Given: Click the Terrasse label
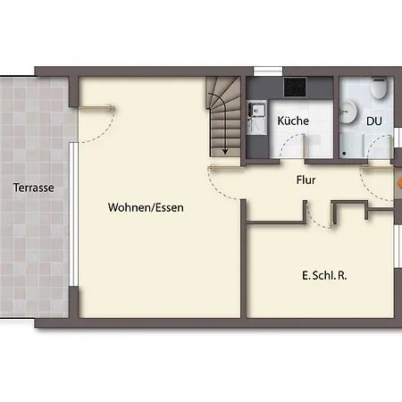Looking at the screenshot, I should click(x=34, y=188).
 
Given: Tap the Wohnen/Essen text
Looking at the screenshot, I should click(x=146, y=207).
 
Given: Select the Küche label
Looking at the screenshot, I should click(x=293, y=120).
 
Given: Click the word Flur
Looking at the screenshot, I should click(x=306, y=180).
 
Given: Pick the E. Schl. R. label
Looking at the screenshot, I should click(x=324, y=275).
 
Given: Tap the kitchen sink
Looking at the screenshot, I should click(x=257, y=112).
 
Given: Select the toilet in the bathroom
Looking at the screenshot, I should click(x=379, y=90).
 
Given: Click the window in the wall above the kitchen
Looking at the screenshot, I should click(x=267, y=71).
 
